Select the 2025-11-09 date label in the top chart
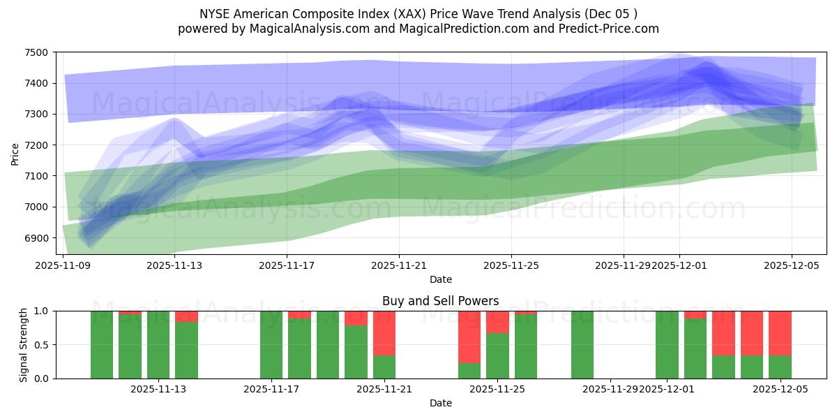(63, 265)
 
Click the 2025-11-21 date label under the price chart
(398, 265)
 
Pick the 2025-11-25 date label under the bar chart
(497, 389)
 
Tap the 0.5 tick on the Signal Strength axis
(44, 345)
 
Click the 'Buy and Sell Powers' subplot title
(440, 301)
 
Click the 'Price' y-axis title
(15, 153)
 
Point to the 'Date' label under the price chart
(440, 279)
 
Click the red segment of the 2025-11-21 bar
(384, 332)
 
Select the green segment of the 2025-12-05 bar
(780, 367)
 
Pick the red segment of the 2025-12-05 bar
(780, 332)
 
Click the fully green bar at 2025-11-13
(158, 344)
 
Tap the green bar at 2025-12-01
(667, 344)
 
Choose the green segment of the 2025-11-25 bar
(497, 355)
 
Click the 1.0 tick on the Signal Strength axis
(44, 311)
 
